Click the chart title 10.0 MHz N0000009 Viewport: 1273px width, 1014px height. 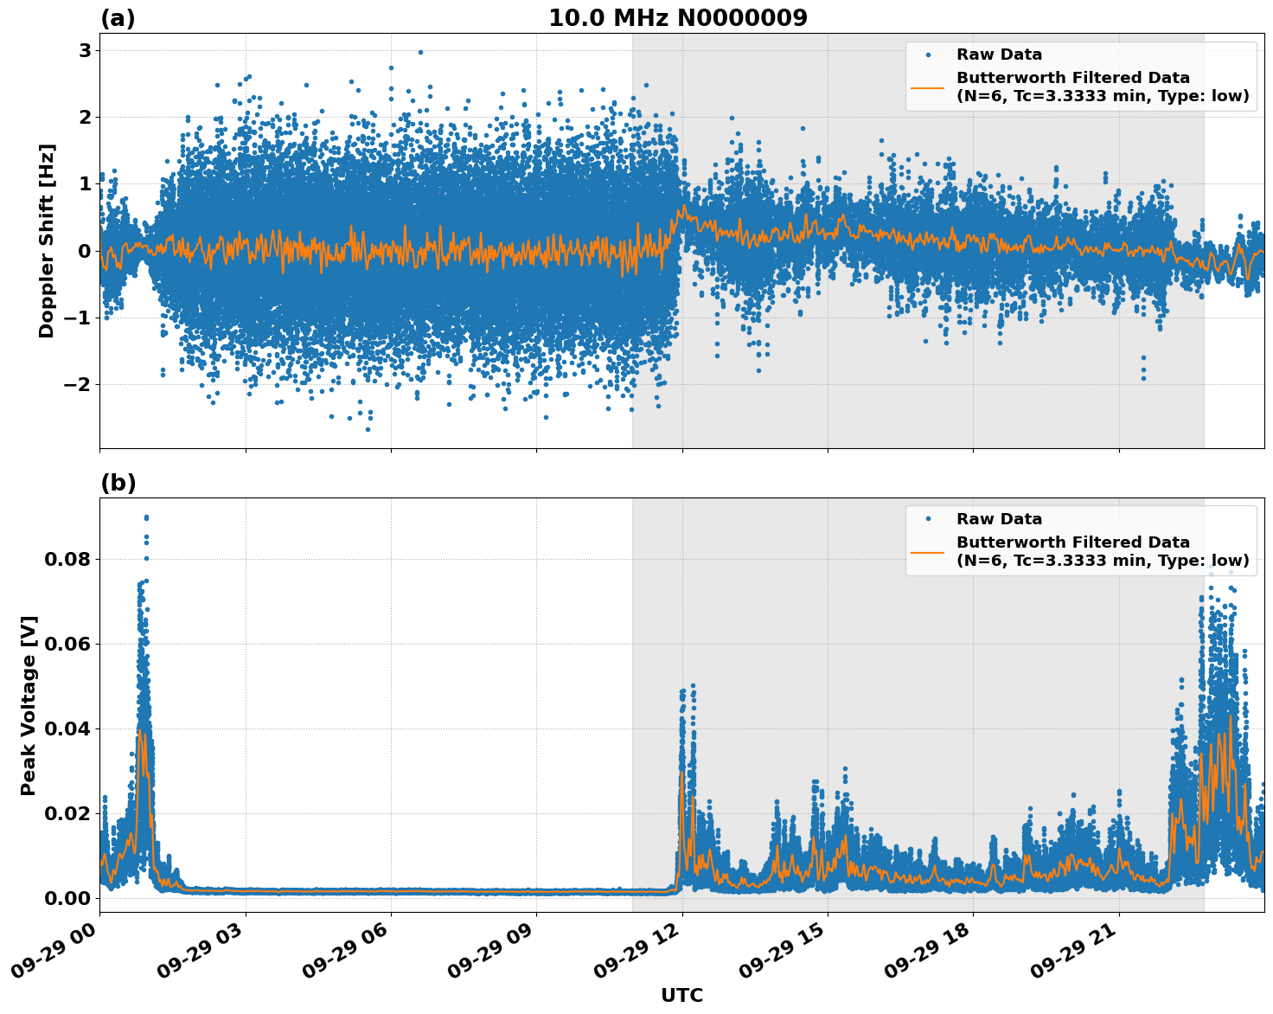coord(678,18)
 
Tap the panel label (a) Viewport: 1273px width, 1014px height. coord(118,18)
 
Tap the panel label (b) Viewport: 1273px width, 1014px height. coord(118,483)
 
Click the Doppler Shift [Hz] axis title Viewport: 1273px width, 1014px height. coord(47,241)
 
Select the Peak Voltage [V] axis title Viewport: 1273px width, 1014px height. coord(29,705)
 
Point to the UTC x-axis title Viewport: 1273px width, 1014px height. coord(681,995)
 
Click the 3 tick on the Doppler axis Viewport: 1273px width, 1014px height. coord(85,50)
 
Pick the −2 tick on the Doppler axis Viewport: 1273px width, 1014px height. coord(78,384)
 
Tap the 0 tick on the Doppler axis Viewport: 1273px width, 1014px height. coord(85,251)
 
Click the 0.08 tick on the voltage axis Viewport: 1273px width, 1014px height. coord(67,559)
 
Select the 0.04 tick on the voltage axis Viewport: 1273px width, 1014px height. coord(67,728)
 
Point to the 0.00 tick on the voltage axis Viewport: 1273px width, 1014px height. coord(67,898)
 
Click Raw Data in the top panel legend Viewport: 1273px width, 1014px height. coord(999,55)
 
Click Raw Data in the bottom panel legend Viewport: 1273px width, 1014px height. coord(999,519)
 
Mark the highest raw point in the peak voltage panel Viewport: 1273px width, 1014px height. coord(146,517)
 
